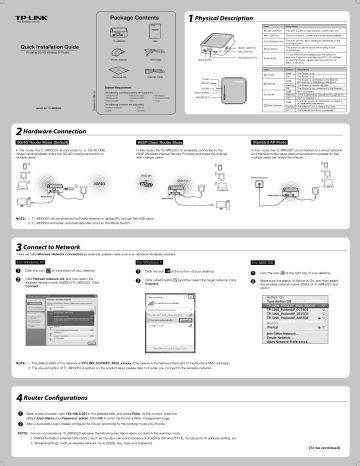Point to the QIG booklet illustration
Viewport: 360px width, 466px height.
pos(156,44)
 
